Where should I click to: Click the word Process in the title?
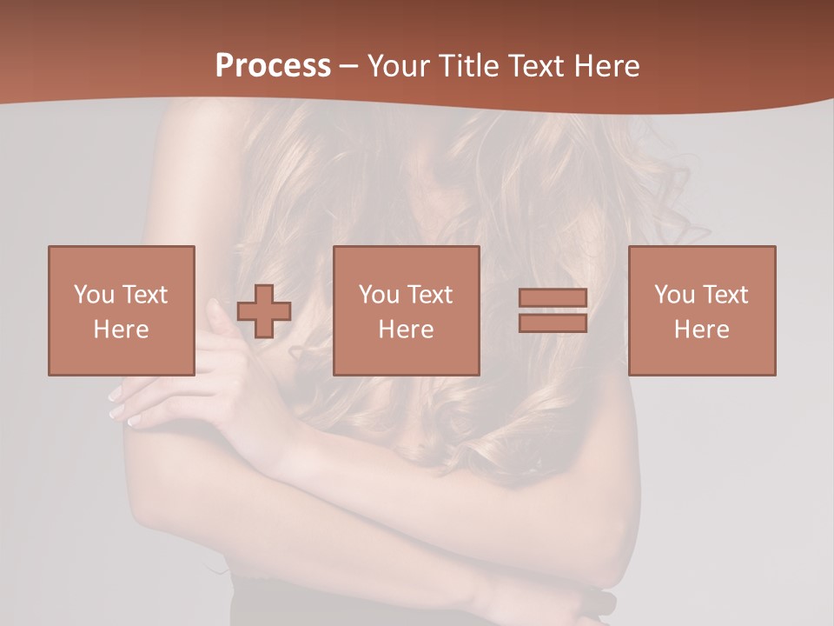point(273,66)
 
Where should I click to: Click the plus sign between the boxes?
point(264,311)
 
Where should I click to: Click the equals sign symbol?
point(553,310)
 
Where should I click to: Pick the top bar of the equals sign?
point(553,298)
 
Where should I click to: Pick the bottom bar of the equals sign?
point(553,323)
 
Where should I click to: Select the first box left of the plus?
point(122,310)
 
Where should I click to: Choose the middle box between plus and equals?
point(407,310)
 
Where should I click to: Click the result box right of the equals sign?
point(702,310)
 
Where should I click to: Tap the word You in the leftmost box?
point(93,295)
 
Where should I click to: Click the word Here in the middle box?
point(407,330)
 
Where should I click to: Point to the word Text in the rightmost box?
point(725,295)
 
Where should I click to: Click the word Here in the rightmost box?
point(702,330)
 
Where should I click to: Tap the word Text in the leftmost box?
point(143,295)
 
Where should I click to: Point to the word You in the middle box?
point(378,295)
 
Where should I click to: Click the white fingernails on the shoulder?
point(122,408)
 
